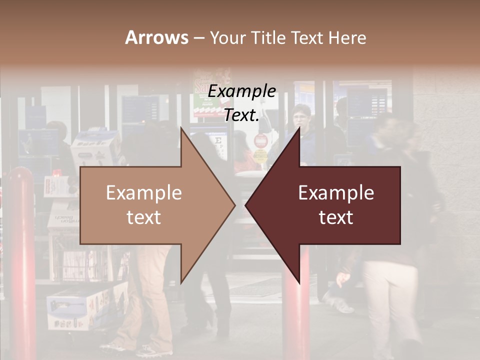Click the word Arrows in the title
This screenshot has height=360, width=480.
pos(156,37)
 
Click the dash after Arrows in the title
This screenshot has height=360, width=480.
pos(198,38)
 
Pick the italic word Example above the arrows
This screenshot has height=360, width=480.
pos(241,91)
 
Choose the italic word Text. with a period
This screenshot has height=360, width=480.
pos(241,115)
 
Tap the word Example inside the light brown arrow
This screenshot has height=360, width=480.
pos(144,193)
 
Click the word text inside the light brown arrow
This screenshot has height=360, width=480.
pos(144,218)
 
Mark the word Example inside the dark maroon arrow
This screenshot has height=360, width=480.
pos(336,193)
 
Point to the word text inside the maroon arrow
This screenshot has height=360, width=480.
pos(336,218)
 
